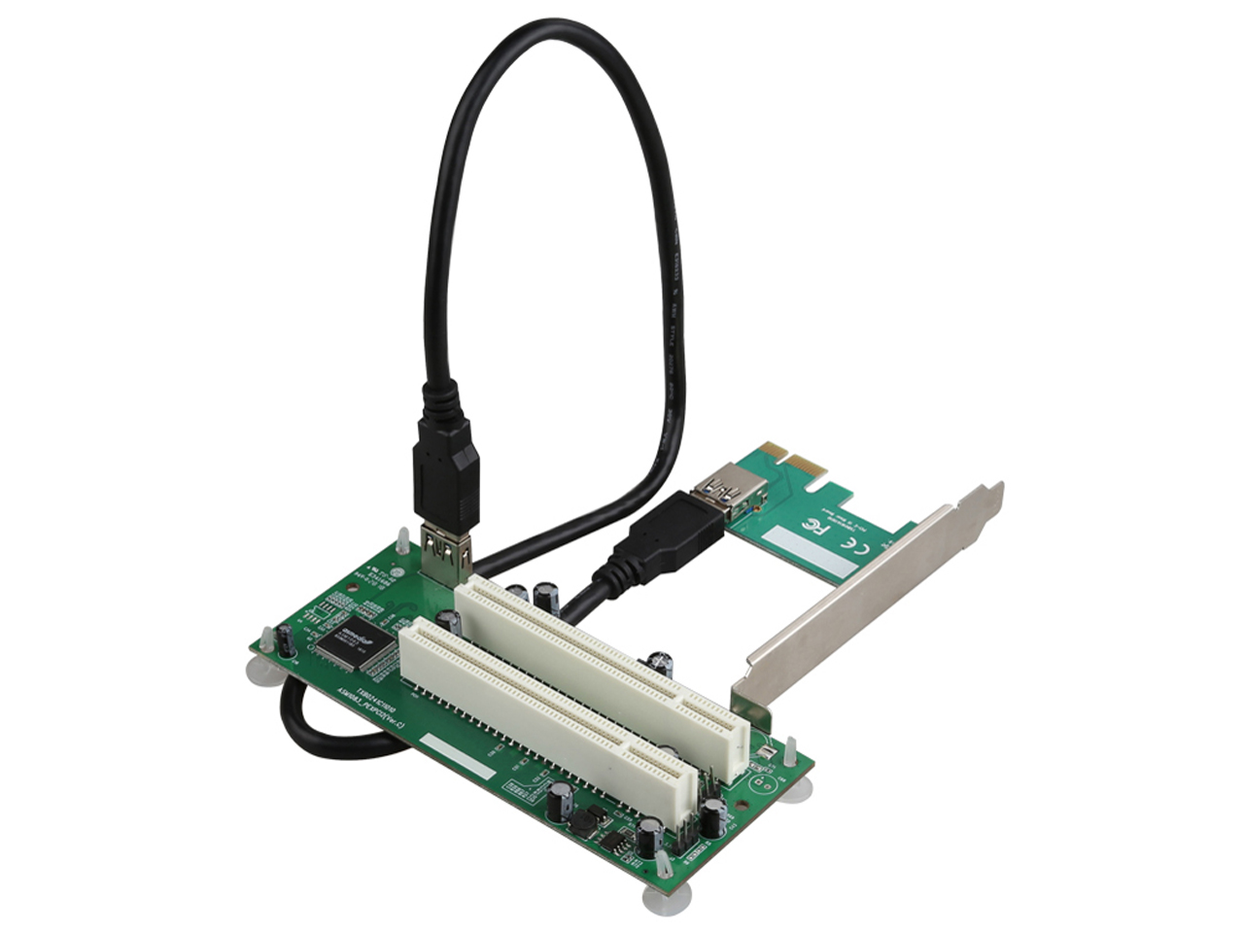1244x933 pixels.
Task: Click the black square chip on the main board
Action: tap(356, 642)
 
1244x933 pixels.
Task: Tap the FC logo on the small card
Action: tap(809, 528)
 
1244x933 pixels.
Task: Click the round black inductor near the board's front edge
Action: tap(584, 822)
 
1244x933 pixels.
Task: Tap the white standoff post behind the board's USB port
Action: tap(402, 540)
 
